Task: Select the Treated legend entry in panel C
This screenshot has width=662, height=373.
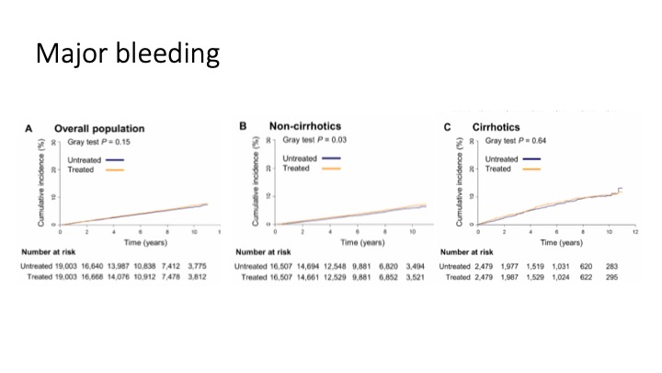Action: click(497, 169)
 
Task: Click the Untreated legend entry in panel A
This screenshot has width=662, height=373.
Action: click(82, 160)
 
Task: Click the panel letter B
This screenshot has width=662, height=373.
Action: click(243, 125)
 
